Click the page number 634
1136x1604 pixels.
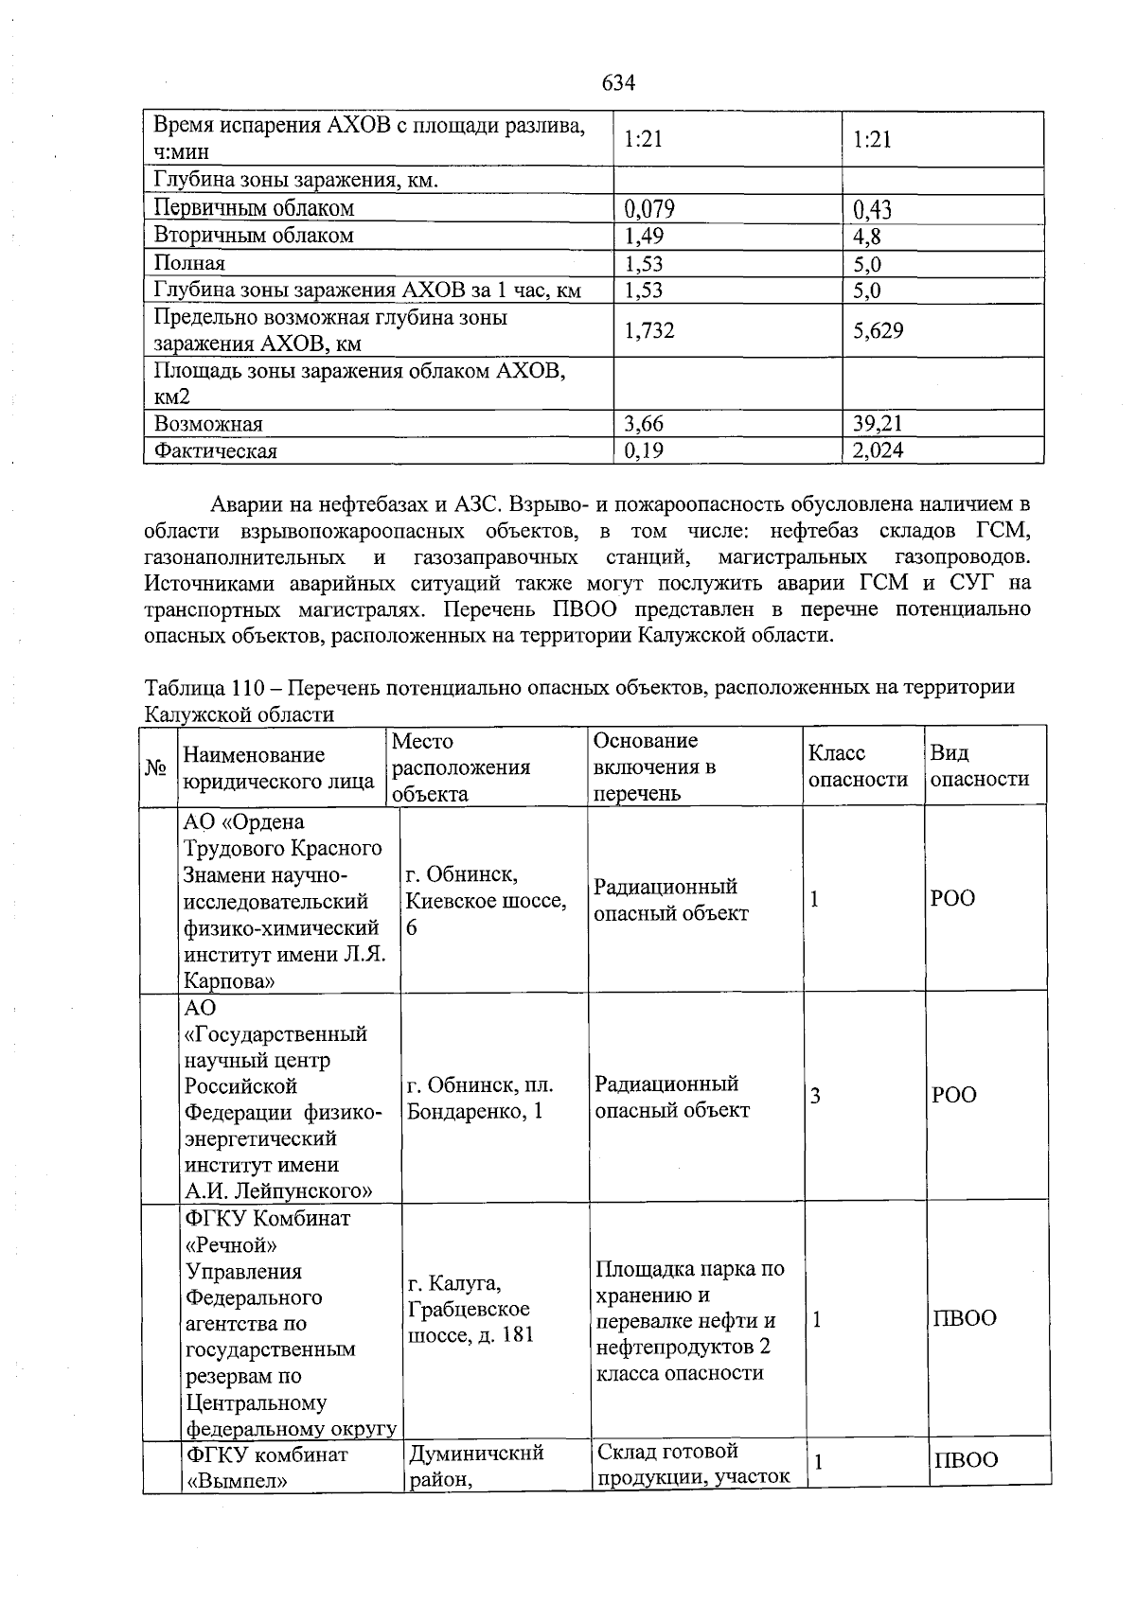[x=618, y=83]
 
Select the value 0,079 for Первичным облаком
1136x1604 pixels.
[x=649, y=208]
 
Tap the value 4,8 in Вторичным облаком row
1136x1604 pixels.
[x=867, y=236]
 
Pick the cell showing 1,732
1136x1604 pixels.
[x=649, y=330]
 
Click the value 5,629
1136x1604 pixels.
[x=878, y=330]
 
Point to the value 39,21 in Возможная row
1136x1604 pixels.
[x=878, y=423]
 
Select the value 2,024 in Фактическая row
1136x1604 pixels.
[x=878, y=450]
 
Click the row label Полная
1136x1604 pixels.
[x=189, y=263]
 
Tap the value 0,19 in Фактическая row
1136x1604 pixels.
[x=644, y=450]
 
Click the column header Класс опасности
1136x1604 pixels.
[x=858, y=766]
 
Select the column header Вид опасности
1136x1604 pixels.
[x=979, y=766]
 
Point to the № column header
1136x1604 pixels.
[x=156, y=767]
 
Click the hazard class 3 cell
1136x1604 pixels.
[x=815, y=1096]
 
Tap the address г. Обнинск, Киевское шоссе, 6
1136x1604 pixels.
[x=486, y=900]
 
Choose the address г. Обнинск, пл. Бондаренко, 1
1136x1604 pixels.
[x=480, y=1097]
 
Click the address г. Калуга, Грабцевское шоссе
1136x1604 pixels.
[x=469, y=1309]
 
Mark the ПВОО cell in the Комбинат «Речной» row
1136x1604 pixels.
[x=965, y=1318]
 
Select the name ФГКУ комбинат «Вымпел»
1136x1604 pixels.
[x=267, y=1467]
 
